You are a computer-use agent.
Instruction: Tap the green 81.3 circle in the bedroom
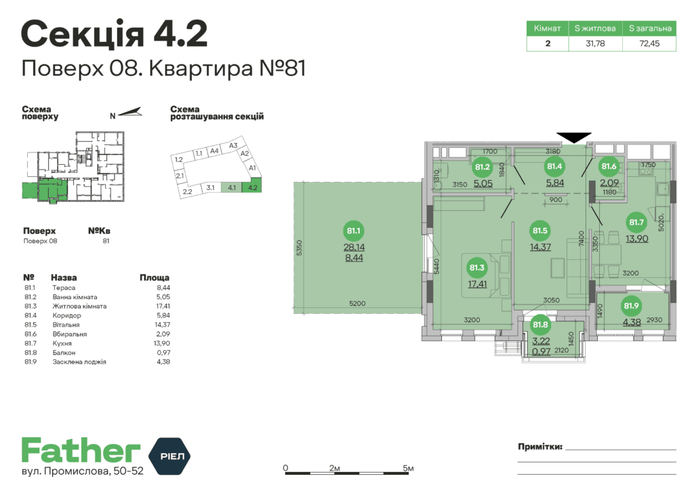pyautogui.click(x=476, y=269)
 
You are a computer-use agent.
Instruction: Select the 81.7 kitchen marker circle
pyautogui.click(x=636, y=222)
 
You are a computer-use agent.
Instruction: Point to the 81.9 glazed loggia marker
pyautogui.click(x=631, y=307)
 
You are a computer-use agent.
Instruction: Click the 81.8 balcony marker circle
pyautogui.click(x=539, y=326)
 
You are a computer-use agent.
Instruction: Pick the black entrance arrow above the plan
pyautogui.click(x=574, y=137)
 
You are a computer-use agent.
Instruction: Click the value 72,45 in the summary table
pyautogui.click(x=649, y=43)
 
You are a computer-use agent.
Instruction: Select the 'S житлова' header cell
pyautogui.click(x=595, y=28)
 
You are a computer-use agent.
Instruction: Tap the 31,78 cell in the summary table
pyautogui.click(x=595, y=43)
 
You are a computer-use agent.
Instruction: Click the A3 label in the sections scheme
pyautogui.click(x=232, y=145)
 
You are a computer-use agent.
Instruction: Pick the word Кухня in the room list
pyautogui.click(x=62, y=343)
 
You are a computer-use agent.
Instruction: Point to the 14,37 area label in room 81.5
pyautogui.click(x=541, y=247)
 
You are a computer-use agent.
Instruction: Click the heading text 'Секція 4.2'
pyautogui.click(x=114, y=34)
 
